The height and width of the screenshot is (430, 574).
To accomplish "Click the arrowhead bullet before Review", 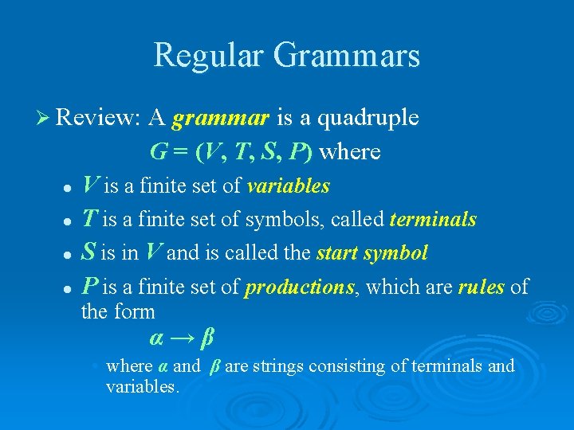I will tap(44, 119).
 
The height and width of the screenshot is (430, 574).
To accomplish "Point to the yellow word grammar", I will tap(221, 119).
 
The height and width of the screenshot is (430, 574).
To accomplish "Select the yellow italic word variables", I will tap(288, 186).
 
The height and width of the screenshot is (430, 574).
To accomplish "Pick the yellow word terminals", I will tap(433, 220).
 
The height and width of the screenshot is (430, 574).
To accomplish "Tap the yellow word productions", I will tap(300, 287).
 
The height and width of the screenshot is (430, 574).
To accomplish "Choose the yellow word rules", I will tap(481, 287).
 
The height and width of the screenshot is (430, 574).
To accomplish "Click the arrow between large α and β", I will tap(181, 338).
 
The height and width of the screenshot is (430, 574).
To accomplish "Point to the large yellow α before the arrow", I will tap(156, 338).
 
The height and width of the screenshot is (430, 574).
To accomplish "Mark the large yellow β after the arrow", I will tap(207, 338).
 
